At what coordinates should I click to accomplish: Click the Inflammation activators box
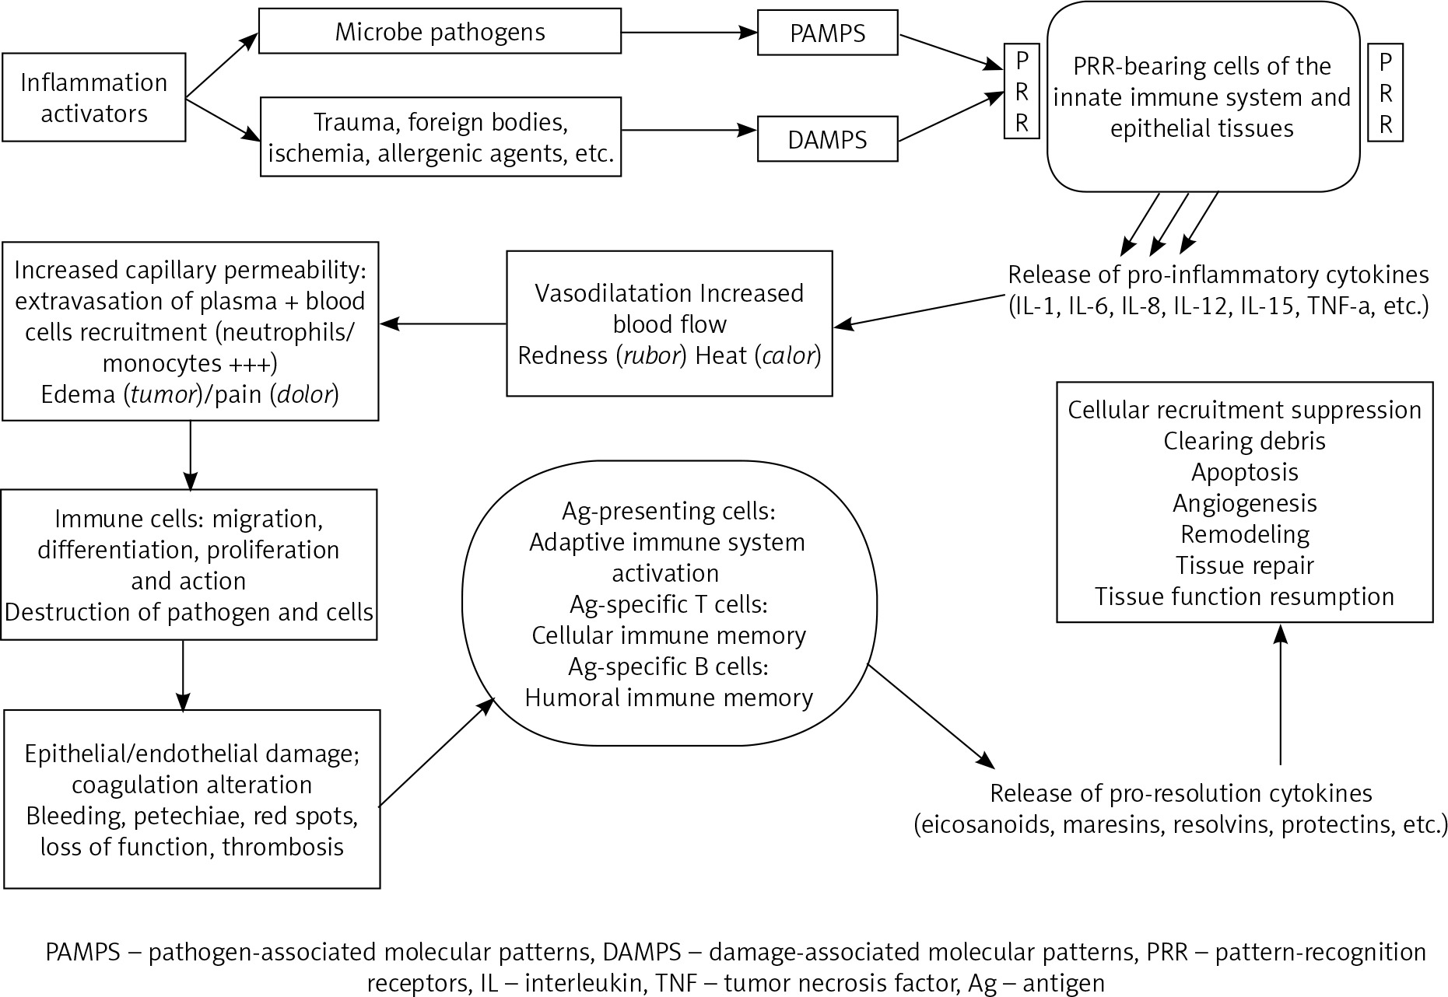[93, 97]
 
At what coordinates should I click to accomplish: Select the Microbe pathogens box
[440, 31]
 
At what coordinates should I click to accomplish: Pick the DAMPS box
[827, 140]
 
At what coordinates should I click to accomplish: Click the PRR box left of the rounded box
[1022, 91]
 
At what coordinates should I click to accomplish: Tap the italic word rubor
[650, 355]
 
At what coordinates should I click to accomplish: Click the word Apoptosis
[1244, 472]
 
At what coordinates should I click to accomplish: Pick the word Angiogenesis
[1244, 503]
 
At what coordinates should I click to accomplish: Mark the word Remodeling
[1244, 534]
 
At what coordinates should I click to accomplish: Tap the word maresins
[1089, 824]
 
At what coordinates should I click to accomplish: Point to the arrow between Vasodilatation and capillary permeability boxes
[444, 323]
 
